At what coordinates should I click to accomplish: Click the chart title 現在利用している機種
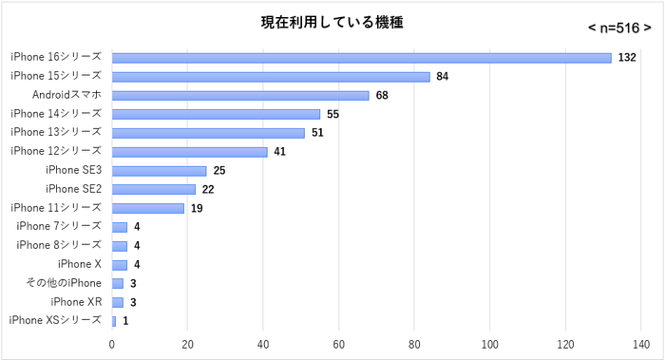332,22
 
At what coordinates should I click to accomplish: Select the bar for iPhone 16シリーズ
362,58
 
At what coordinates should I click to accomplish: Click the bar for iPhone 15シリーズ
271,77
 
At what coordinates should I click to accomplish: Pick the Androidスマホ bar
240,95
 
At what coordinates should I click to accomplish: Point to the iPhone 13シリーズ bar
208,133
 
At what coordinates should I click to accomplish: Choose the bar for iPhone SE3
160,171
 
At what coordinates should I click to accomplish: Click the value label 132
626,58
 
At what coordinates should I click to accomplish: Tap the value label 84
443,77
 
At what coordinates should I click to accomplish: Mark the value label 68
382,95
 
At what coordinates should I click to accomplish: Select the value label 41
279,152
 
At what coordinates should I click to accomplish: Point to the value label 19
197,208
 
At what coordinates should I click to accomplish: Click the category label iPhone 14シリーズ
56,114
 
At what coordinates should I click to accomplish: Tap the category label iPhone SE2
73,189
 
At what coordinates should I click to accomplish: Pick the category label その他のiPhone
64,283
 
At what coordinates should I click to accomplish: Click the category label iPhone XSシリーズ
55,320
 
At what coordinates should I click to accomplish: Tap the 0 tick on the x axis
112,345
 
